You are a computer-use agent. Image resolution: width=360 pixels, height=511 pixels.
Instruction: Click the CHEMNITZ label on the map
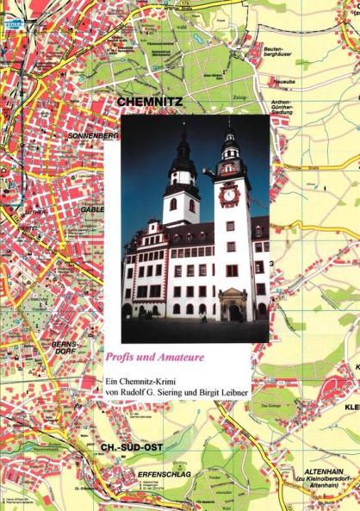pos(147,103)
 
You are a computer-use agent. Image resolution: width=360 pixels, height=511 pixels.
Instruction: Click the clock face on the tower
pos(230,195)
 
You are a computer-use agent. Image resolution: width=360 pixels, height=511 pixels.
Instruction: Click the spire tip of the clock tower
pos(230,120)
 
